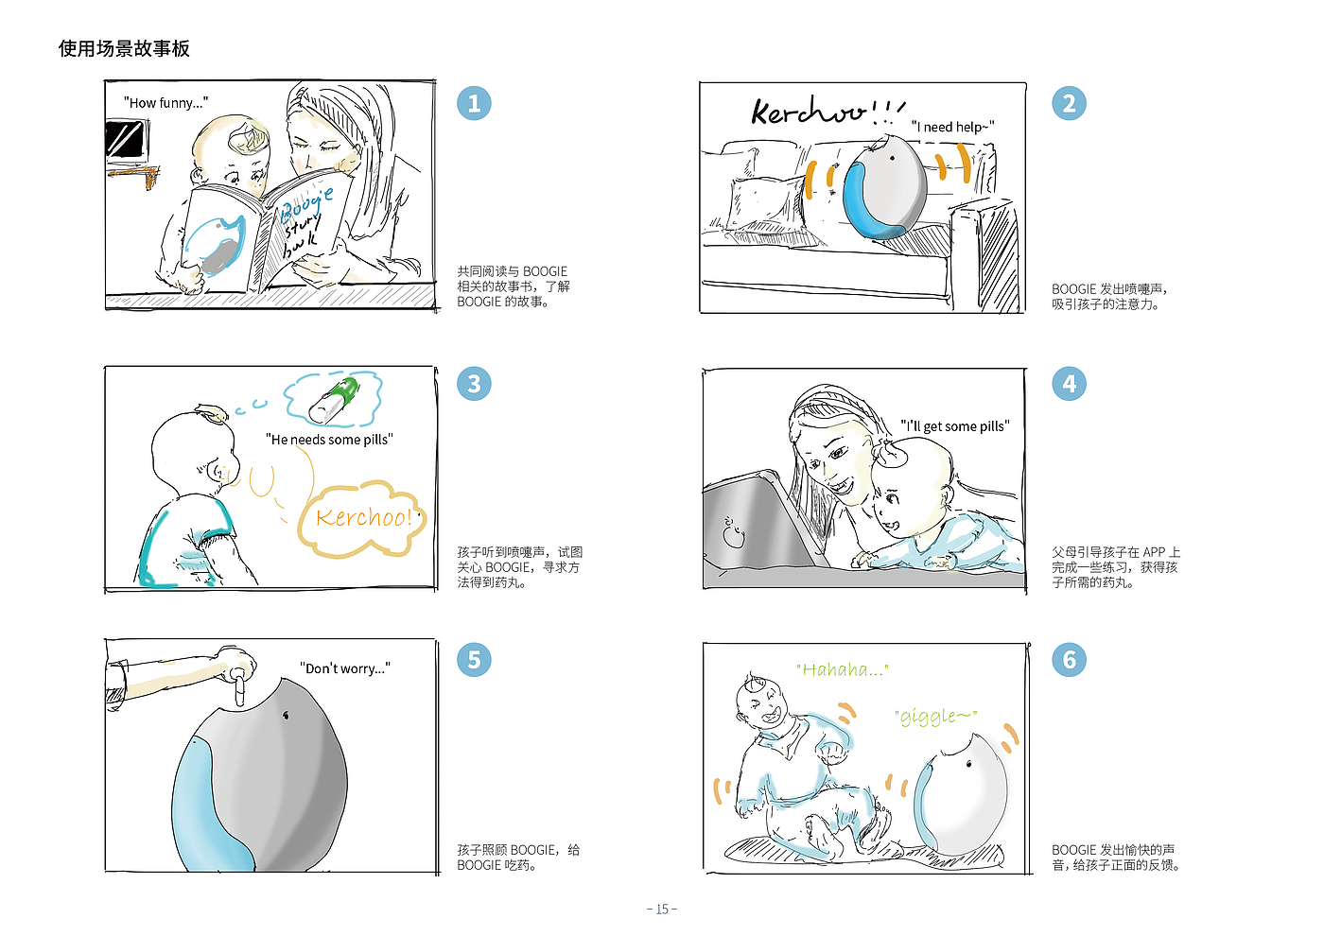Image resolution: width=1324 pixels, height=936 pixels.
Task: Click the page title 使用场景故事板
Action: click(x=124, y=48)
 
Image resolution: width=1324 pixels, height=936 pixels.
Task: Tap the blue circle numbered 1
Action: click(x=474, y=103)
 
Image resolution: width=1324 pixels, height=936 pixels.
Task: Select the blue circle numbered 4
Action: click(x=1069, y=384)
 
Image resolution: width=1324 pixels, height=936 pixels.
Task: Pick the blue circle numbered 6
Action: click(x=1069, y=660)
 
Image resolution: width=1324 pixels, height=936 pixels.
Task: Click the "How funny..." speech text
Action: click(x=165, y=103)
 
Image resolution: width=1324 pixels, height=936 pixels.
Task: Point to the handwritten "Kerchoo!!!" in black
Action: click(x=828, y=111)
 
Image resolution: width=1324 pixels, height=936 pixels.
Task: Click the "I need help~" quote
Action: click(x=952, y=127)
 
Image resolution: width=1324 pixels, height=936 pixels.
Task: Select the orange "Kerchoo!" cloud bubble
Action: click(x=361, y=519)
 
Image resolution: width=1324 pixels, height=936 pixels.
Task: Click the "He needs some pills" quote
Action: click(x=329, y=440)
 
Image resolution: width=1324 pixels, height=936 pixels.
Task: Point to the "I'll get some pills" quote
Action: click(x=954, y=426)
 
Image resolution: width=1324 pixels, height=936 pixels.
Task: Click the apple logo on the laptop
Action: click(x=734, y=532)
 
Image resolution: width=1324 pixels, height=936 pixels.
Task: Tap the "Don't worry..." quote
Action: click(x=344, y=668)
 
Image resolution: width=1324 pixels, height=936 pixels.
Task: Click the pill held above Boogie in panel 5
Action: click(x=239, y=688)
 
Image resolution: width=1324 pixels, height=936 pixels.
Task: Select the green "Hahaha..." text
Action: click(x=842, y=669)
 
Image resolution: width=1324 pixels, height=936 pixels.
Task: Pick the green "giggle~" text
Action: click(x=935, y=717)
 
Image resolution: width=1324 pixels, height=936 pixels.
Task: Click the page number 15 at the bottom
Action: click(x=662, y=909)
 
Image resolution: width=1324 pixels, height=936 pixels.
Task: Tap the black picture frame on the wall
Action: click(x=126, y=139)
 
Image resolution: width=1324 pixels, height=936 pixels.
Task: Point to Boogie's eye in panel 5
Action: click(x=287, y=716)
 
